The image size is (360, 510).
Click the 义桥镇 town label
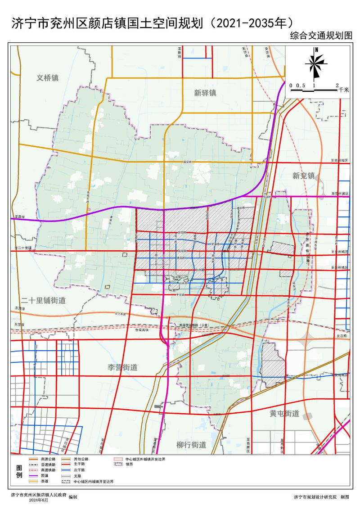pos(48,77)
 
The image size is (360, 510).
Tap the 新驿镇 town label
pos(205,93)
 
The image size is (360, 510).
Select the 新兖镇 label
pos(303,176)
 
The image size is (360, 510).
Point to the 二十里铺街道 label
pos(43,300)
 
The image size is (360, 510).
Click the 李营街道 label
pos(122,367)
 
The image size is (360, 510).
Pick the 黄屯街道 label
pos(284,413)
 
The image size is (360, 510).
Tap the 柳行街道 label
pos(191,445)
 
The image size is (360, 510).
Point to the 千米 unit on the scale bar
pos(344,90)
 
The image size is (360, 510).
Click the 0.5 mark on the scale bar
pos(301,85)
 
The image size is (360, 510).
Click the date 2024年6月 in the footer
pos(38,500)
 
